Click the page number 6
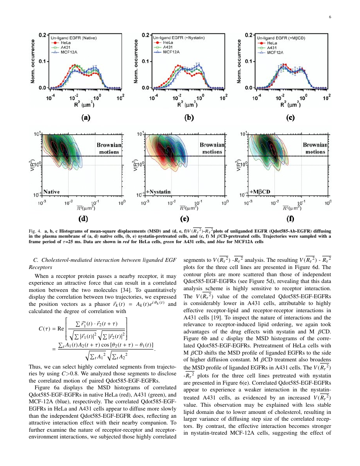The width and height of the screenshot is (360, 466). pyautogui.click(x=330, y=17)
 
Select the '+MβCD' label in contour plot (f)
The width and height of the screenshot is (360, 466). pyautogui.click(x=260, y=191)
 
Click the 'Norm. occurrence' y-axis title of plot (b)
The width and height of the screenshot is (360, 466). pyautogui.click(x=136, y=61)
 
